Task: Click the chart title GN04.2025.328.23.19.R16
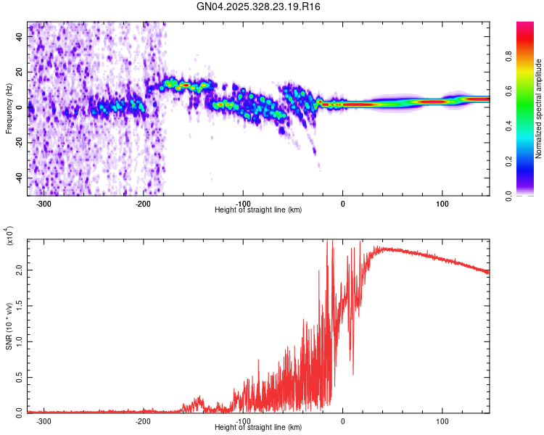pyautogui.click(x=259, y=7)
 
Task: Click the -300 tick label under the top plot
pyautogui.click(x=44, y=204)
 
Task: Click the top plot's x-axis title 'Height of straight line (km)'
pyautogui.click(x=258, y=210)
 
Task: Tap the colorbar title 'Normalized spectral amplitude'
pyautogui.click(x=539, y=109)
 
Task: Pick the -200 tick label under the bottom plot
pyautogui.click(x=143, y=421)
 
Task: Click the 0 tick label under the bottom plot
pyautogui.click(x=343, y=421)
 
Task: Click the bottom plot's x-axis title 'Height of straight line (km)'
pyautogui.click(x=258, y=428)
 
